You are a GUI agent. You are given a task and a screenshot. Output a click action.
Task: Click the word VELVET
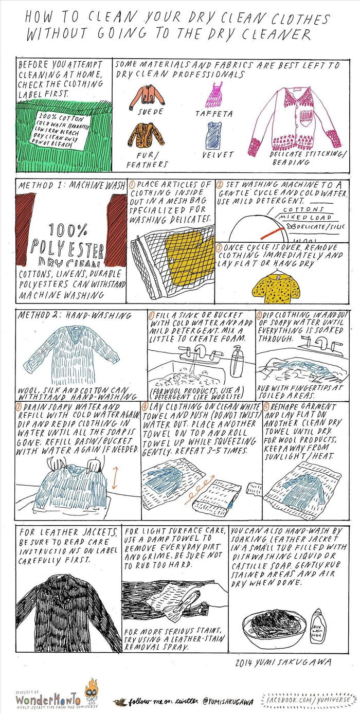click(x=218, y=154)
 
